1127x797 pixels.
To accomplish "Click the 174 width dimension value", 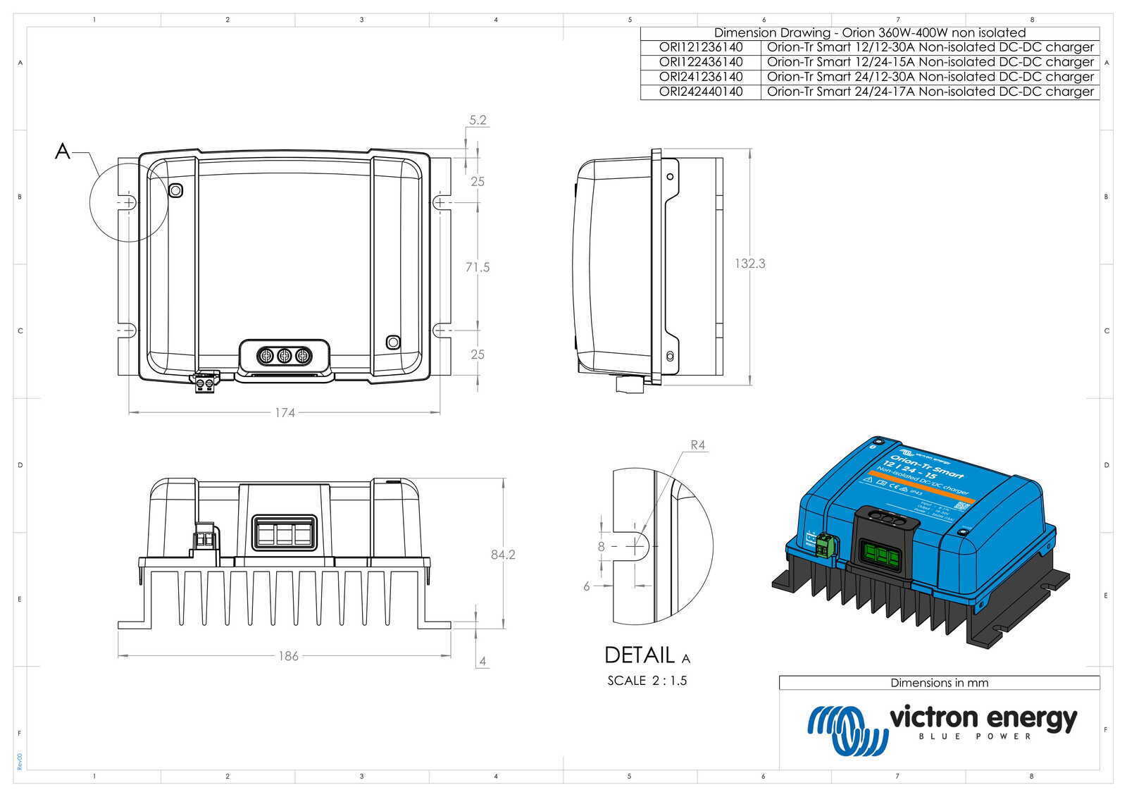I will (x=285, y=413).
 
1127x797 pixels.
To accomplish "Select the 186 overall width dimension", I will (x=288, y=656).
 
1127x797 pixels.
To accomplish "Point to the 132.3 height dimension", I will (x=749, y=264).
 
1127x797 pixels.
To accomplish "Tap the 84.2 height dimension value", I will (x=503, y=555).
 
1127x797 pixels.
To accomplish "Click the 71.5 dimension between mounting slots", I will (x=477, y=267).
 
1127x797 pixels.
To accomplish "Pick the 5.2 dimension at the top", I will (x=478, y=121).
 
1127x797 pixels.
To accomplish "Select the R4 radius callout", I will (x=697, y=445).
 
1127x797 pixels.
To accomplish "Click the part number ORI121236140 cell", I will (x=700, y=47).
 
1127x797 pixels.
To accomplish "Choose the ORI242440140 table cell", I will (x=700, y=92).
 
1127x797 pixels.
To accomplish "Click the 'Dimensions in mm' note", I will (x=939, y=683).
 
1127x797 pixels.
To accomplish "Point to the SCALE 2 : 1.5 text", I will (x=647, y=681).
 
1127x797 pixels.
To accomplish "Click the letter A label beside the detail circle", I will (x=63, y=151).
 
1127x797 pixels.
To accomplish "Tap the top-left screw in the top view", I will (x=175, y=190).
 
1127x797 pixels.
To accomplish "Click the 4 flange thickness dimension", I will (x=482, y=662).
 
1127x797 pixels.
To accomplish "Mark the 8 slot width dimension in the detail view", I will (x=601, y=546).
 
